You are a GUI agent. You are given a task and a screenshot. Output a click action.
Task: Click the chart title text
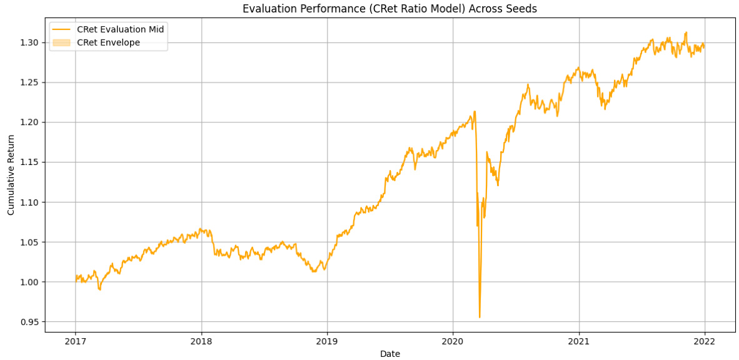(x=390, y=9)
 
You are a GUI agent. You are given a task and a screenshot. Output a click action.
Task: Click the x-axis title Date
(x=390, y=354)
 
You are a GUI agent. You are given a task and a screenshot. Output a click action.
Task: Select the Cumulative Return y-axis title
(x=11, y=174)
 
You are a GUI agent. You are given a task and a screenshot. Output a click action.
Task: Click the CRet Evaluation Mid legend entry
(x=120, y=29)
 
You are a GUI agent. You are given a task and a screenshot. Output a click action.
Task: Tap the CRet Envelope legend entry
(x=108, y=42)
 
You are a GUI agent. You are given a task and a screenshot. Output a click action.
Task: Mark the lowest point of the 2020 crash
(x=480, y=317)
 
